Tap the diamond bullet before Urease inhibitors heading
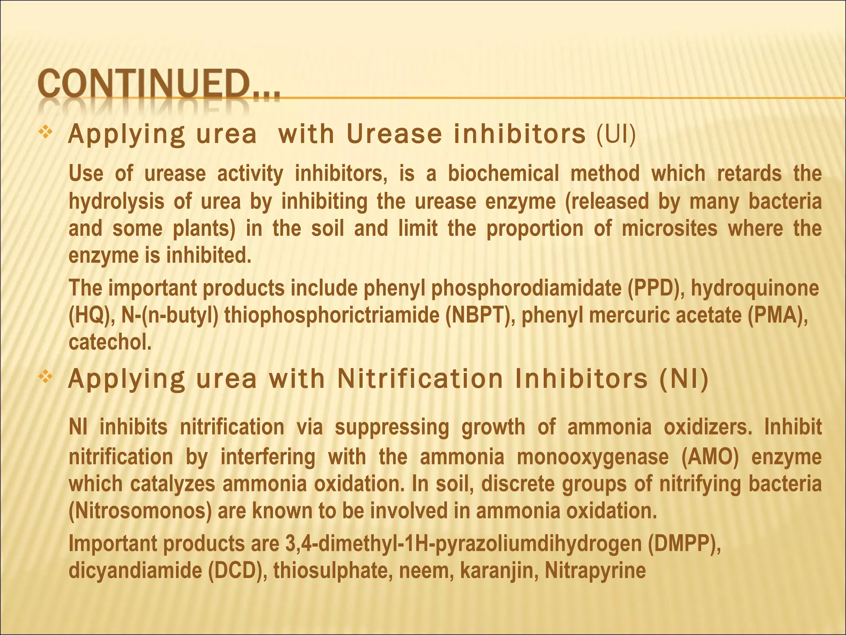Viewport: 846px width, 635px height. click(44, 133)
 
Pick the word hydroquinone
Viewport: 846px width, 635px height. click(755, 288)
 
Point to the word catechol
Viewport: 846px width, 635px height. click(110, 342)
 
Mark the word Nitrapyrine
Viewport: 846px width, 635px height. click(595, 571)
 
